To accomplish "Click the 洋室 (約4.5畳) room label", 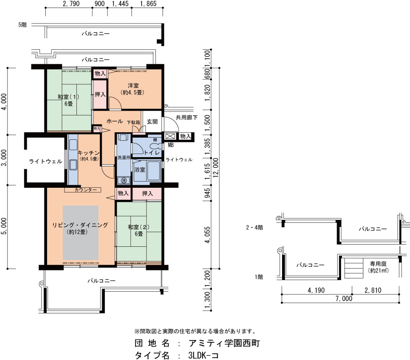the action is [133, 89].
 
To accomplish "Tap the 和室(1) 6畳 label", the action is [68, 100].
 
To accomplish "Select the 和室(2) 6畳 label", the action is [139, 230].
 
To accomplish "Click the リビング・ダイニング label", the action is [80, 225].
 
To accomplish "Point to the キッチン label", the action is [89, 153].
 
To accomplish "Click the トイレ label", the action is [151, 153].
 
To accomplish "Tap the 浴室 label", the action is [139, 170].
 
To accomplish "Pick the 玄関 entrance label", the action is [152, 122].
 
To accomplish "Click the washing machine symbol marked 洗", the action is [123, 180].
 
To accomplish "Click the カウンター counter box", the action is [83, 190].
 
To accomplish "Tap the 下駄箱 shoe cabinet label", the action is [134, 122].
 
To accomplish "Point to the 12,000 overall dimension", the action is [216, 167].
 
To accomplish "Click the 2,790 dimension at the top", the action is [71, 4].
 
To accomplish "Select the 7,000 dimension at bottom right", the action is [344, 298].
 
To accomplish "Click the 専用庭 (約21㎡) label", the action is [378, 267].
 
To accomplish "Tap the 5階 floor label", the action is [23, 25].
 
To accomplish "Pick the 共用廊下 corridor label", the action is [187, 118].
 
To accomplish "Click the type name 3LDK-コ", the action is [203, 355].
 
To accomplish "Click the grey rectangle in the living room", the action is [80, 233].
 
